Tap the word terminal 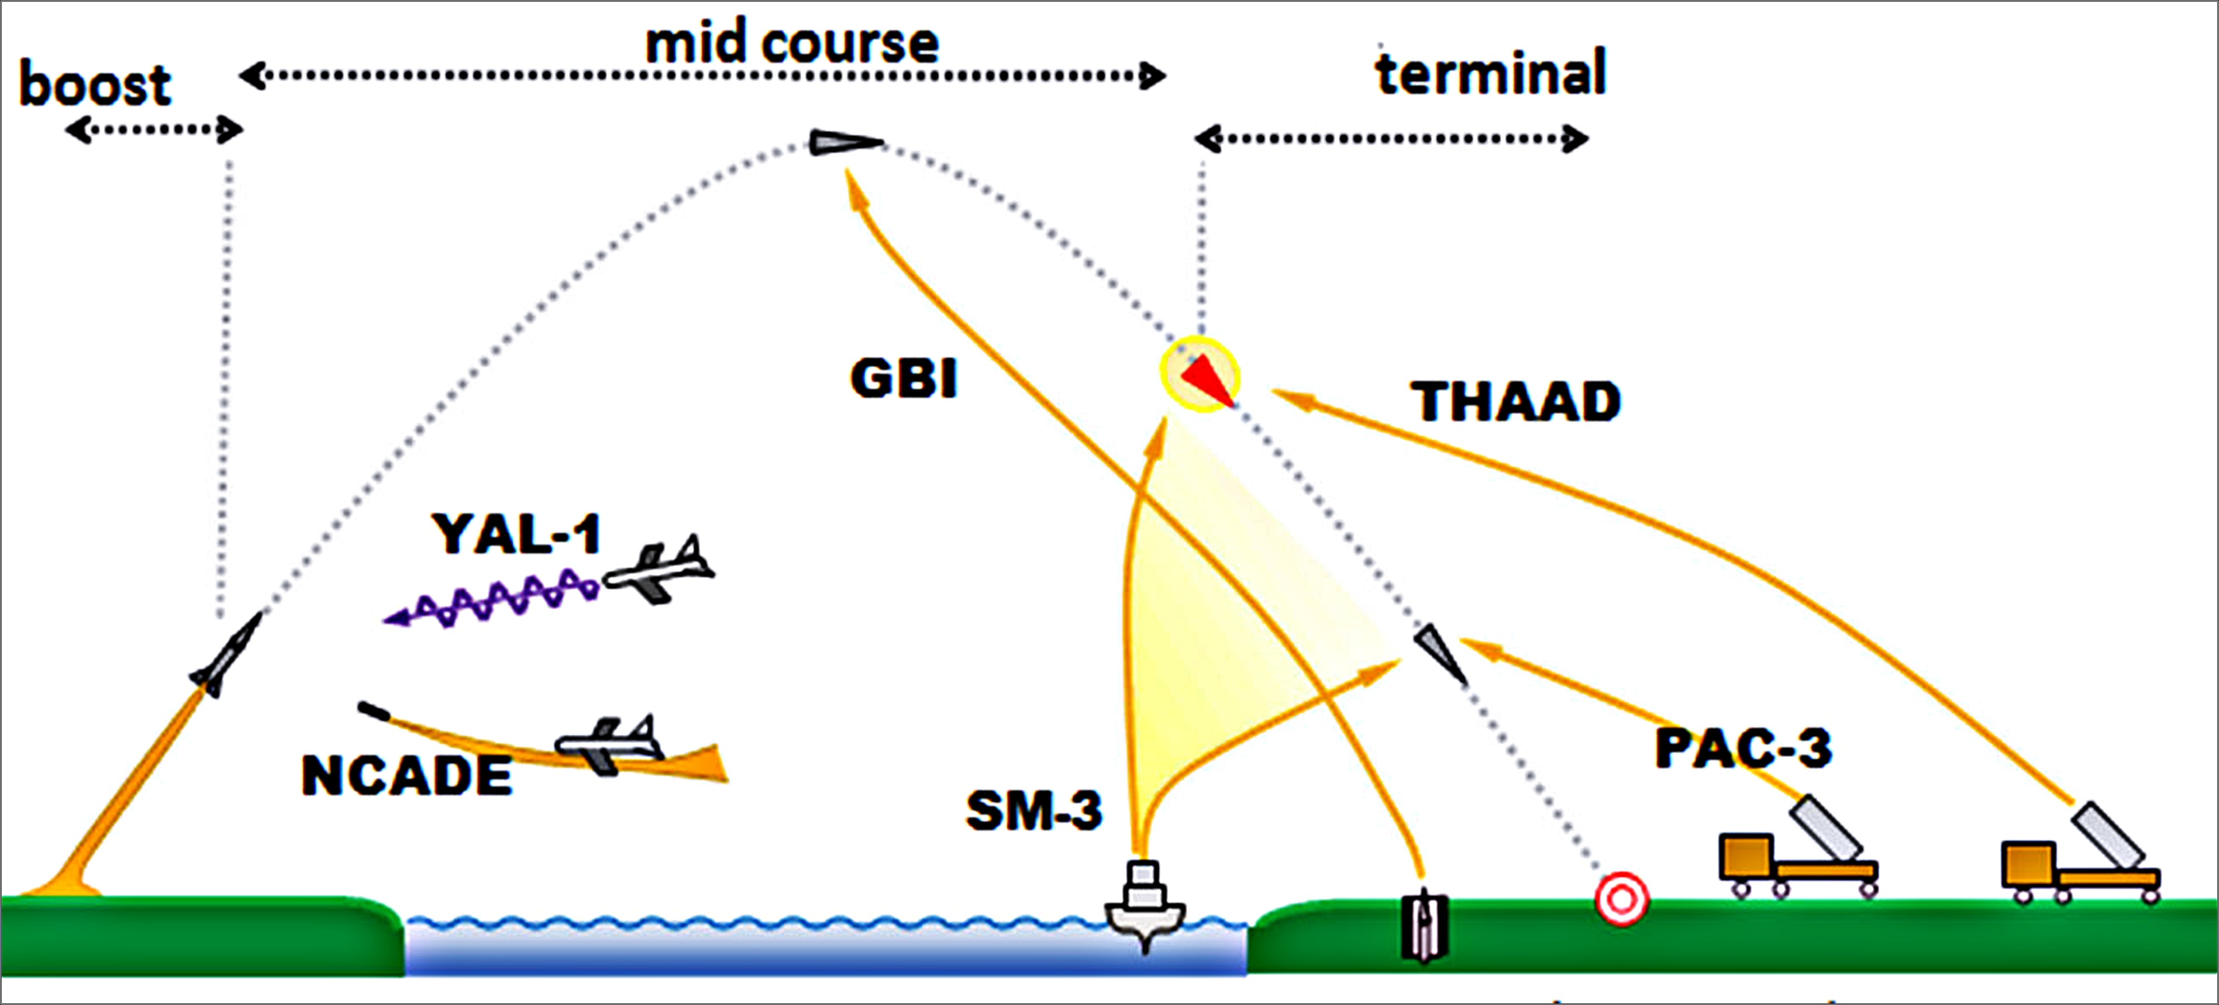click(1491, 73)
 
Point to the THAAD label click(1515, 402)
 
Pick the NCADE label click(407, 775)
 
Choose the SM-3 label click(1034, 810)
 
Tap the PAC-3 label click(1742, 748)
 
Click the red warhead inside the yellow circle click(1204, 379)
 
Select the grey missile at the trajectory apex click(844, 142)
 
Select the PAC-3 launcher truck click(1796, 853)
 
